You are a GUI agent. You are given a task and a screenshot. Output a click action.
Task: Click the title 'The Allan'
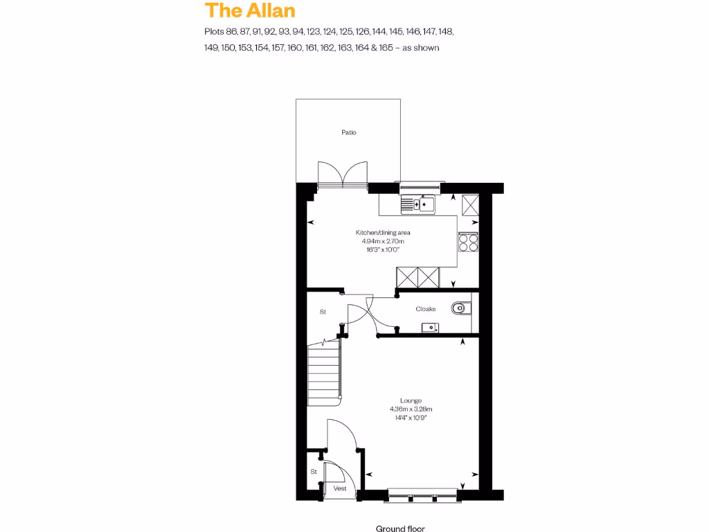click(249, 10)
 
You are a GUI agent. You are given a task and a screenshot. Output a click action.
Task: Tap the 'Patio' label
click(348, 132)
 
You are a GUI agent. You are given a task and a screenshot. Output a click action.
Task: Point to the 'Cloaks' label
click(425, 309)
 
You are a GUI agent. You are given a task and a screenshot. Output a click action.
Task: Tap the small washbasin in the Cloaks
click(430, 327)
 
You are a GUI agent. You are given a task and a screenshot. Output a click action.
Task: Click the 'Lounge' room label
click(411, 400)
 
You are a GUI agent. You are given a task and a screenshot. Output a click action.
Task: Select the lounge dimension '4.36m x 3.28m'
click(411, 409)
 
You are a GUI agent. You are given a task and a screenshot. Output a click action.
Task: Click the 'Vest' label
click(339, 488)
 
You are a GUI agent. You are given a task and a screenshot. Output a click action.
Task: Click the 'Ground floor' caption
click(400, 529)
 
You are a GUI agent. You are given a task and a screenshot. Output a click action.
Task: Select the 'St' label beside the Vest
click(313, 472)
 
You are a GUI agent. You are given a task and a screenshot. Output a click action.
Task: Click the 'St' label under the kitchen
click(323, 312)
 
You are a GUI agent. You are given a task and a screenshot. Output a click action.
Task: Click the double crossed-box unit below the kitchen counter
click(418, 277)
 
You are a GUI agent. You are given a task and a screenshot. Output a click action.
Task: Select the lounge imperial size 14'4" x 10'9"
click(411, 417)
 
